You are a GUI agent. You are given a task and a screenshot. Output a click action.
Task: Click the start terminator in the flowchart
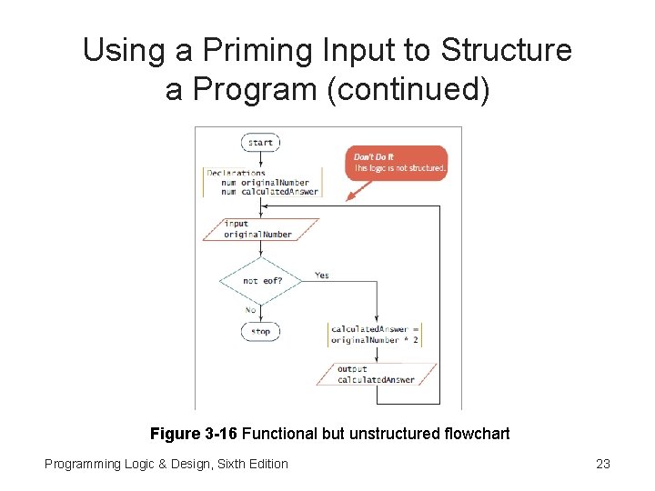click(x=260, y=142)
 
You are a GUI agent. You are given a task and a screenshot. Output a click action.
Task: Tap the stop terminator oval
click(x=260, y=331)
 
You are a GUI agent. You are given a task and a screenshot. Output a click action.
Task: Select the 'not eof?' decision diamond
click(x=261, y=280)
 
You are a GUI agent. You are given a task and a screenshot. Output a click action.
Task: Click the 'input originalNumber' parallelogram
click(x=260, y=229)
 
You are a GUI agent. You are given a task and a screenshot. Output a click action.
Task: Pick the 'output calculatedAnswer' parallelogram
click(x=376, y=375)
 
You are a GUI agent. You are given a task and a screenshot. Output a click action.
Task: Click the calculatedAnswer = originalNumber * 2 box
click(x=375, y=334)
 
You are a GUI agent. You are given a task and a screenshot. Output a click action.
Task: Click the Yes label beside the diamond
click(x=322, y=275)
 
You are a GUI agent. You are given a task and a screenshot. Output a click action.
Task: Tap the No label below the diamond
click(x=249, y=309)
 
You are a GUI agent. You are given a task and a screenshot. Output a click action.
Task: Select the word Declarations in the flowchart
click(x=236, y=173)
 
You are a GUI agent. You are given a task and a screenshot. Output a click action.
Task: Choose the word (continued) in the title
click(x=419, y=89)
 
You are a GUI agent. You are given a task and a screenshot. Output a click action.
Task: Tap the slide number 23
click(x=602, y=464)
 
